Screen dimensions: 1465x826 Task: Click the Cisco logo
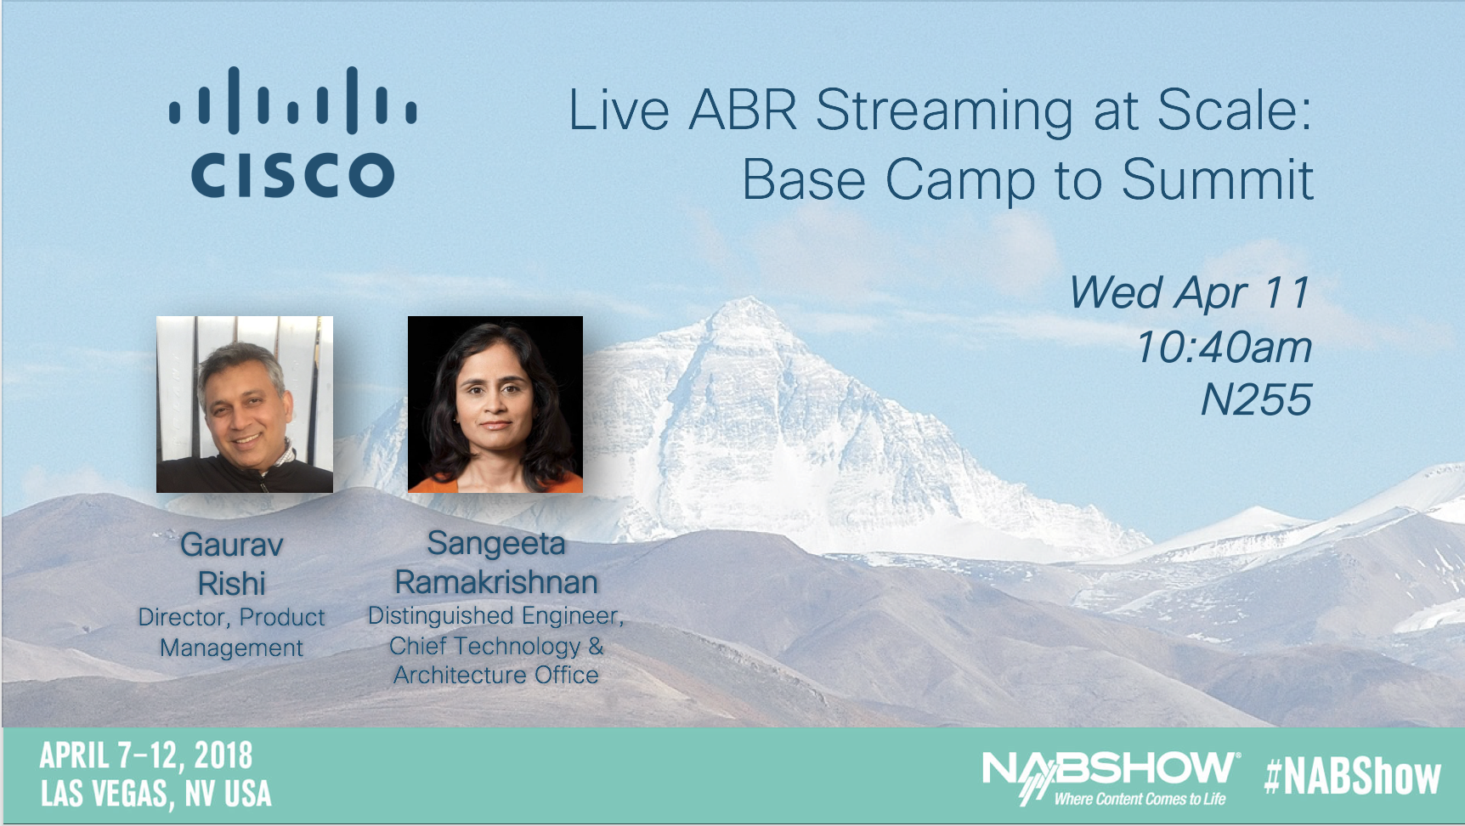click(293, 133)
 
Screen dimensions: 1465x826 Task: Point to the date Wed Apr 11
click(1190, 293)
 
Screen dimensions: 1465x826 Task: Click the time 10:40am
click(1224, 348)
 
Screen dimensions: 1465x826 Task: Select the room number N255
click(1256, 400)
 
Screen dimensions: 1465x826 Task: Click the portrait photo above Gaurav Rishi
click(245, 405)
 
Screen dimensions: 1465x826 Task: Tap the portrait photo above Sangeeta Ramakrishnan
click(495, 405)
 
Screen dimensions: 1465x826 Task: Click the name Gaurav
click(232, 545)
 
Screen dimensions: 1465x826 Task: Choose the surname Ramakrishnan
click(496, 583)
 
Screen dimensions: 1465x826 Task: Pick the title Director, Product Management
click(232, 632)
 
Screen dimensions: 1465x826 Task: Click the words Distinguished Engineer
click(495, 615)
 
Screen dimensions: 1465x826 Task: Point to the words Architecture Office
click(496, 676)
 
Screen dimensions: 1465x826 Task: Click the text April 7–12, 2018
click(146, 755)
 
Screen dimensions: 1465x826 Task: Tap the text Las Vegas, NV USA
click(156, 794)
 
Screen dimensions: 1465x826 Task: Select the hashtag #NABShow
click(1353, 777)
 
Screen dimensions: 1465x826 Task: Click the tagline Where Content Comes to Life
click(1140, 799)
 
